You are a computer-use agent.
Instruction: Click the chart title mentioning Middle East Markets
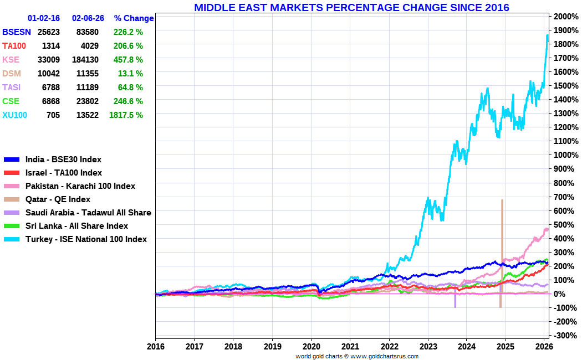click(x=351, y=7)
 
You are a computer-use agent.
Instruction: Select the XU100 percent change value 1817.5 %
click(x=126, y=115)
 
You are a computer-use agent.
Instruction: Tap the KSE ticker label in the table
click(x=11, y=60)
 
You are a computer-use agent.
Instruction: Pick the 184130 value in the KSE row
click(x=85, y=60)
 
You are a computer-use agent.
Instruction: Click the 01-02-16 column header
click(x=44, y=18)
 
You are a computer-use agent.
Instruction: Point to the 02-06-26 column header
click(x=88, y=18)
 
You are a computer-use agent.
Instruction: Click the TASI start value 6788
click(x=50, y=88)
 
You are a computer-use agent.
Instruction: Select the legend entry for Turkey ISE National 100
click(x=86, y=239)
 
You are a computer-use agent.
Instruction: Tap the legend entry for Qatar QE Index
click(x=58, y=199)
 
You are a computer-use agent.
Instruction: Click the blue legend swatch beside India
click(x=12, y=160)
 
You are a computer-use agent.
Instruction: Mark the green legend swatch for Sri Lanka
click(x=12, y=226)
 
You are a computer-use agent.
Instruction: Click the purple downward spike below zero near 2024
click(x=455, y=301)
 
